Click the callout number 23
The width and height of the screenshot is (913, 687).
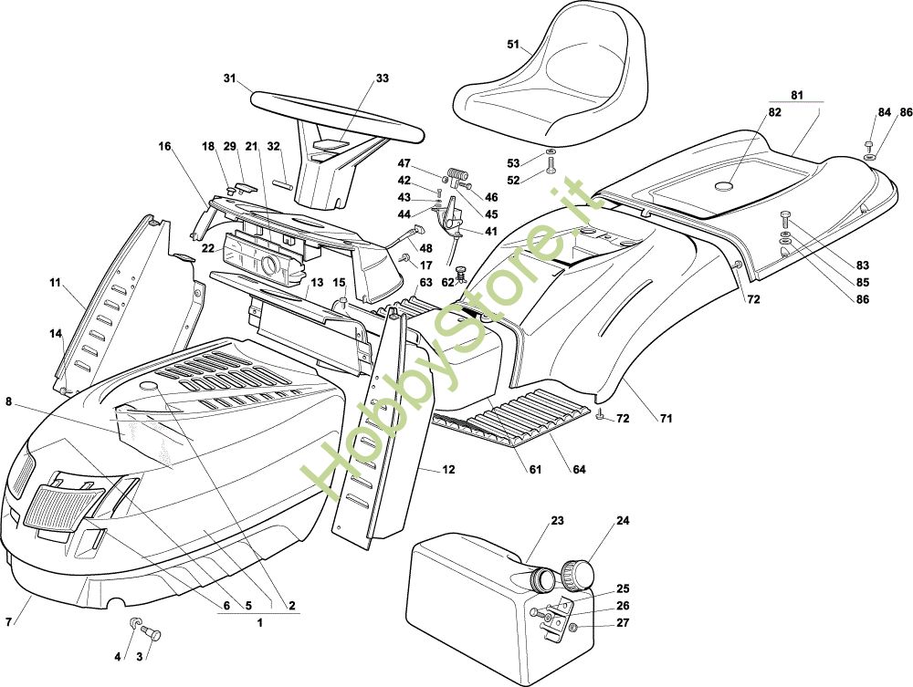(557, 522)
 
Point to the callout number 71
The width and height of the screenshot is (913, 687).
(666, 419)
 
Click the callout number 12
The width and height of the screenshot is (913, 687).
(448, 471)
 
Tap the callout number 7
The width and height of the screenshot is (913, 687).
(9, 622)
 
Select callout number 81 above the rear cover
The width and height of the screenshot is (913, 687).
(796, 94)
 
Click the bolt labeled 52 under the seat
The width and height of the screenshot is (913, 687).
(551, 167)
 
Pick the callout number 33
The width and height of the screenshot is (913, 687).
(382, 78)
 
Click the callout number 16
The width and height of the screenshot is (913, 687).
(164, 146)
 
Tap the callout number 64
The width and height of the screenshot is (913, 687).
(579, 471)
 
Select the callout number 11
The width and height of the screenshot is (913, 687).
(55, 284)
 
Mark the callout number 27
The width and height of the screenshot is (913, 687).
(623, 624)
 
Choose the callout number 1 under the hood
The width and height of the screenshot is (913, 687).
(259, 623)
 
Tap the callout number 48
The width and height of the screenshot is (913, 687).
(425, 249)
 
